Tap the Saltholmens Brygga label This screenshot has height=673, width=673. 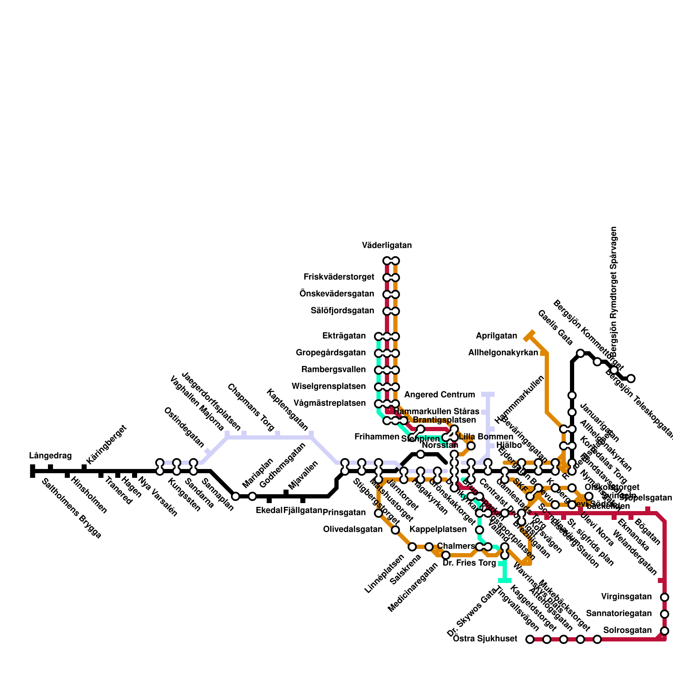72,508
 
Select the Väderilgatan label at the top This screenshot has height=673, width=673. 387,246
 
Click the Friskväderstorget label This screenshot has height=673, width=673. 339,277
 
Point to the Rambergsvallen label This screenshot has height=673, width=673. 334,370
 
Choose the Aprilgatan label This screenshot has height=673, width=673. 496,336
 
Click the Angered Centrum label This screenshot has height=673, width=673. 440,395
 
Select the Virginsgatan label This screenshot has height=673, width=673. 626,597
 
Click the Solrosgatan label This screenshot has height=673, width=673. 627,631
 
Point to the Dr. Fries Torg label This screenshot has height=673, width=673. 469,563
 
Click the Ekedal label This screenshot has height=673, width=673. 269,511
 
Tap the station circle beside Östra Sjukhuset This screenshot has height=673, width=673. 530,640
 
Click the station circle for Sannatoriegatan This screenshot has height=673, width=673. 665,614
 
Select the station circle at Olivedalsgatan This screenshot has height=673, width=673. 395,530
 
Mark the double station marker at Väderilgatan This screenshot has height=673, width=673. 391,261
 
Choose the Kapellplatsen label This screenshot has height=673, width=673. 438,530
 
